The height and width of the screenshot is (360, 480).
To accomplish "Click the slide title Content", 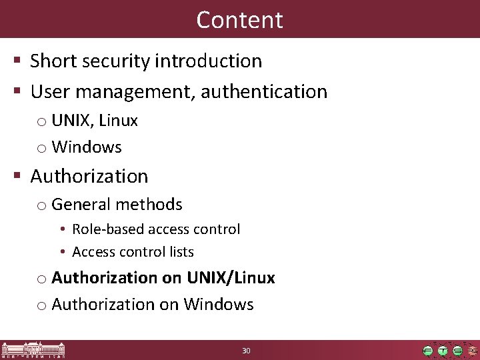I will (x=239, y=19).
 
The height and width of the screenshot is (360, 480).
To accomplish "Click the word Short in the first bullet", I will (x=52, y=61).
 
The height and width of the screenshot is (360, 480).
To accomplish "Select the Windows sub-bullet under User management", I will (x=86, y=147).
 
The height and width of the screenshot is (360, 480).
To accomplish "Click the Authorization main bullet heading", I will (x=89, y=177).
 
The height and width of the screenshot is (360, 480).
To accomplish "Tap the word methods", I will (x=151, y=205).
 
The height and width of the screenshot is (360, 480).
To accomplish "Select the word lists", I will (x=181, y=252).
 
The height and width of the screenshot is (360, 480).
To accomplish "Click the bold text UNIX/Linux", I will (x=231, y=277).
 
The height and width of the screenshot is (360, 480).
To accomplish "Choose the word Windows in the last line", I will (x=219, y=305).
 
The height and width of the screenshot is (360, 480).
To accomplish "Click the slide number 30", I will (x=246, y=351).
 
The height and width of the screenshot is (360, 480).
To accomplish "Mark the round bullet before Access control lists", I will (x=61, y=252).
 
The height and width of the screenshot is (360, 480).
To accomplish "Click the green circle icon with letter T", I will (x=442, y=351).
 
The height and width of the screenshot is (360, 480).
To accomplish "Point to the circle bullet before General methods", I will (x=41, y=206).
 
